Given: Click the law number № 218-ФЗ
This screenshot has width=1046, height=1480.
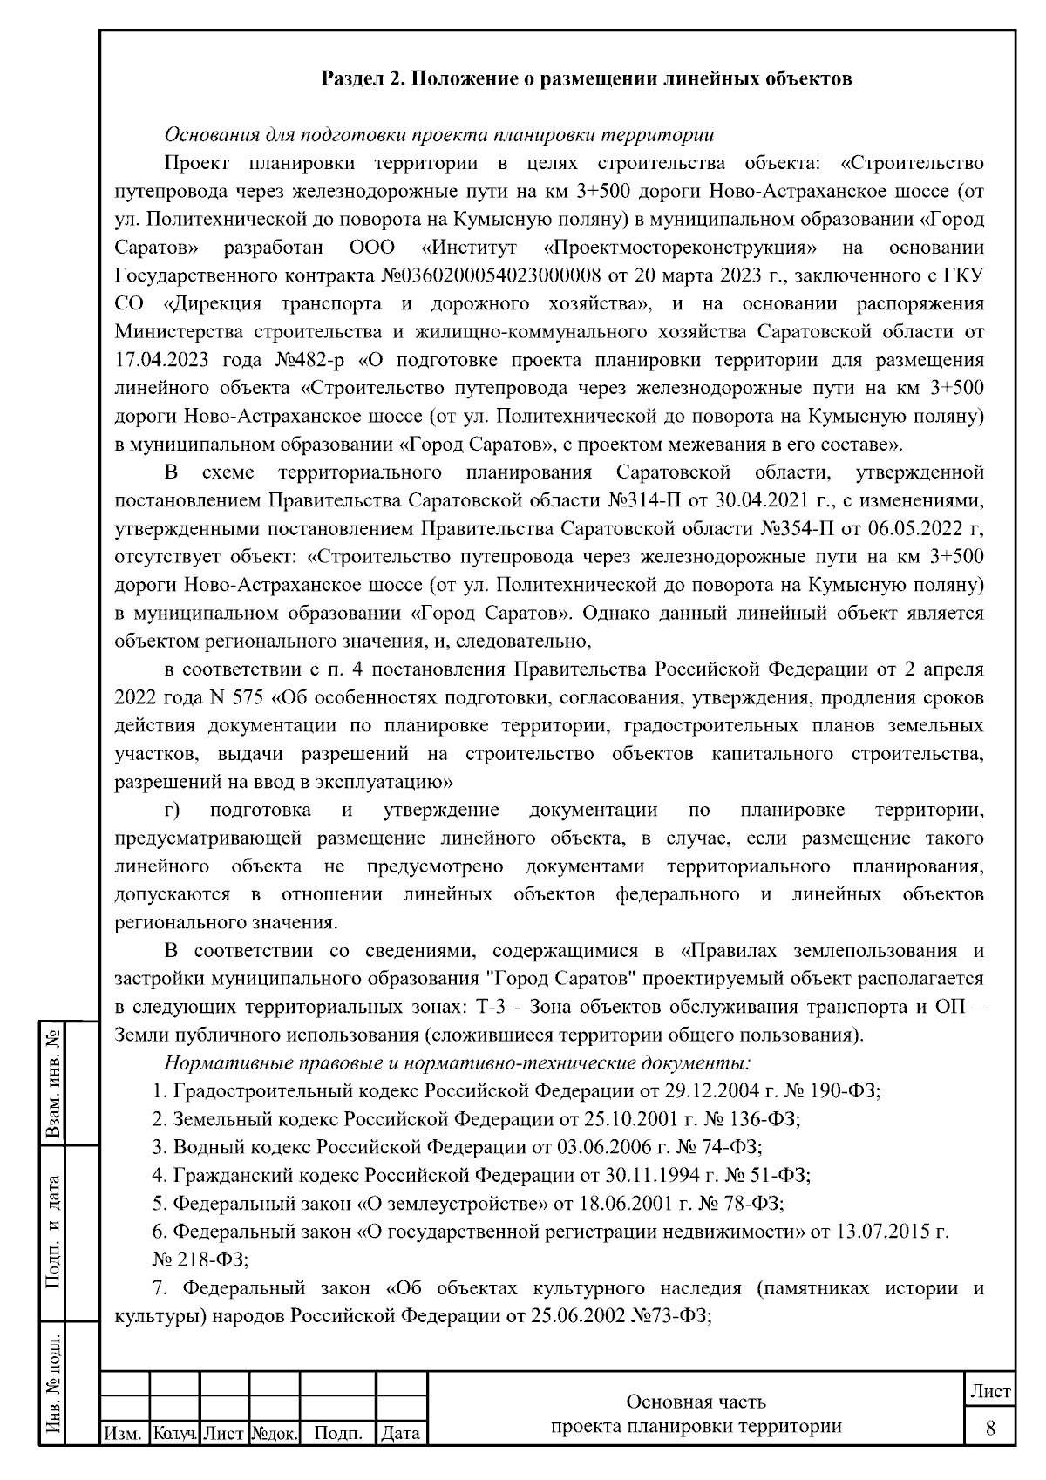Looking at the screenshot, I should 200,1259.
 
